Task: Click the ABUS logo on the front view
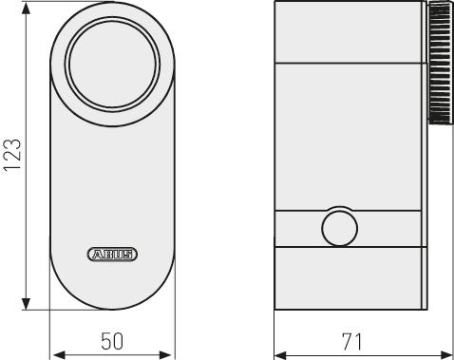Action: [x=112, y=254]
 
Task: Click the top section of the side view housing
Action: [x=347, y=33]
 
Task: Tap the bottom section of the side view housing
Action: [x=347, y=276]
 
